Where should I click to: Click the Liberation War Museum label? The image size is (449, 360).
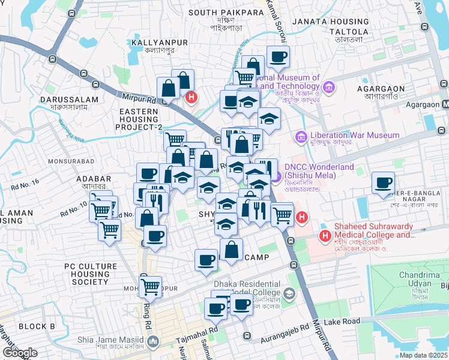point(354,136)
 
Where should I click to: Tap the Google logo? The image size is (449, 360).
point(20,353)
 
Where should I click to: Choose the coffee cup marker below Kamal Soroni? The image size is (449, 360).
point(278,57)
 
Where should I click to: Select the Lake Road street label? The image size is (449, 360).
point(342,322)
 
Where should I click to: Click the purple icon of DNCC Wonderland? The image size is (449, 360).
point(276,176)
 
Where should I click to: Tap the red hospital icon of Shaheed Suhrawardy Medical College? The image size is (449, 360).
point(325,236)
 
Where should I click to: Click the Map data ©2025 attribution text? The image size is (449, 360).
point(423,355)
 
